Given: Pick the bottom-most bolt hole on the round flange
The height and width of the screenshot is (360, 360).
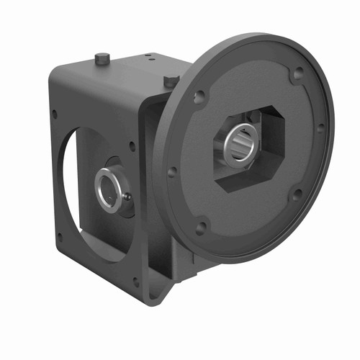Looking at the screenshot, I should point(201,227).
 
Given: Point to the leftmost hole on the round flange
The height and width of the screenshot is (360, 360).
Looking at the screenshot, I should point(172,172).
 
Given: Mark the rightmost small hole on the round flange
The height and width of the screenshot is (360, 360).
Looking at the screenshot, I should point(320,128).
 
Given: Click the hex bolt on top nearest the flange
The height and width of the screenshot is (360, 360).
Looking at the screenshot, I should point(170,81).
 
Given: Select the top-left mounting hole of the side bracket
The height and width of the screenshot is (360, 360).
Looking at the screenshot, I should point(55,113).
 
